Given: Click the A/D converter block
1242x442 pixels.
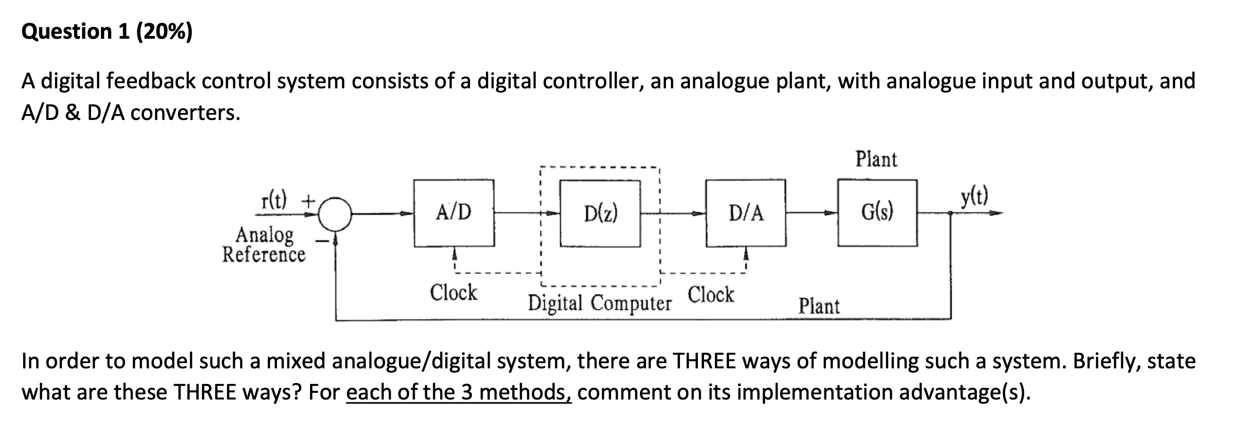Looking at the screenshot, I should pos(453,213).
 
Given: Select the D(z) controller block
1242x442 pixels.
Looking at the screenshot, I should pos(600,213).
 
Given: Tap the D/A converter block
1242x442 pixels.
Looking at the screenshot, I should pos(746,213).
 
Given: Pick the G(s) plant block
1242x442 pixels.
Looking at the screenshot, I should pos(877,212).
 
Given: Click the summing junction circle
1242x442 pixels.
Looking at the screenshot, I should pos(335,214).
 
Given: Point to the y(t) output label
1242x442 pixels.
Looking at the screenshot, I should pos(974,197).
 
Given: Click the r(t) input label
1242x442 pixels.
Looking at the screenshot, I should pos(273,199).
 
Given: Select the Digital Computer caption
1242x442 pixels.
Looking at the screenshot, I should pos(600,304).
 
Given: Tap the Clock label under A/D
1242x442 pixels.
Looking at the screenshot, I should pos(453,292).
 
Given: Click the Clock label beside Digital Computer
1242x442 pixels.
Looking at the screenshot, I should pos(711,294).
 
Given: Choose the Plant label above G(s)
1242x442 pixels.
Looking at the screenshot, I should pos(876,159).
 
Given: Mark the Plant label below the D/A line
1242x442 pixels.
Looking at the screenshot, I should pos(819,306).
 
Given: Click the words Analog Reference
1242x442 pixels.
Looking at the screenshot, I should pos(264,245).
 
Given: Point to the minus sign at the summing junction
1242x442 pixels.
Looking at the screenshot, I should pos(321,240).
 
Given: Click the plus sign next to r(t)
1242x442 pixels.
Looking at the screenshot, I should pos(308,199).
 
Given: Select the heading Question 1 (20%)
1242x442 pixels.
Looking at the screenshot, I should pos(107,32).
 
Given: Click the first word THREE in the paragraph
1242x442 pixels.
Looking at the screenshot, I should pos(704,361).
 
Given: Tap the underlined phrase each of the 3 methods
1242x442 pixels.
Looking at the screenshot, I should pos(459,392).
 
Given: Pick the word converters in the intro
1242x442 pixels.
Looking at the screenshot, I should pos(185,113).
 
